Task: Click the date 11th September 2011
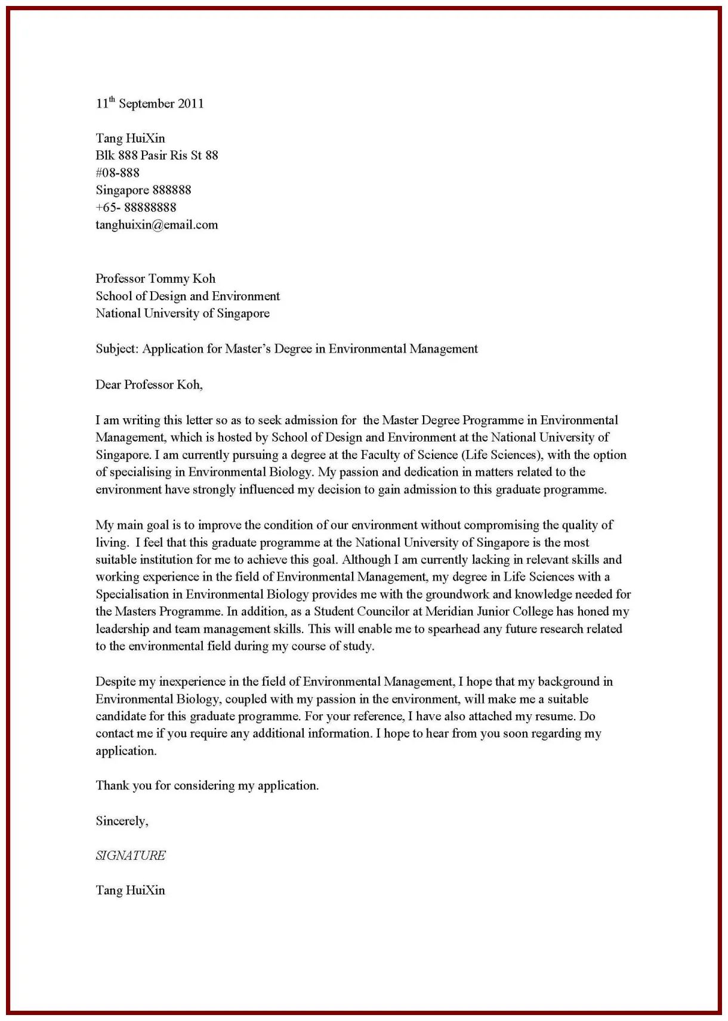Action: click(x=150, y=104)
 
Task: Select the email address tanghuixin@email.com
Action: click(x=156, y=225)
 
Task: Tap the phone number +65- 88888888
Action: click(x=136, y=208)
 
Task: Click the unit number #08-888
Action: click(x=118, y=173)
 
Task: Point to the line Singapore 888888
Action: click(x=143, y=190)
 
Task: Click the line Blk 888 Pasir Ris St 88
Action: click(x=156, y=156)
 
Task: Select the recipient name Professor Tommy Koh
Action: click(x=155, y=279)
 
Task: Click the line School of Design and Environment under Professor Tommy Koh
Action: click(x=187, y=296)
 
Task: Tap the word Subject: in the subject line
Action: click(x=117, y=349)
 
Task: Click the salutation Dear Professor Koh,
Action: click(x=149, y=385)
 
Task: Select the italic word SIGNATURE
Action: click(x=131, y=856)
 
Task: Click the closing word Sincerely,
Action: click(x=122, y=821)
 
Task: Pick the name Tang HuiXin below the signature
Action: click(x=130, y=890)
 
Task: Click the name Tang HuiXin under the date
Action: click(x=130, y=138)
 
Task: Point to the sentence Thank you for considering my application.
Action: click(x=207, y=786)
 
